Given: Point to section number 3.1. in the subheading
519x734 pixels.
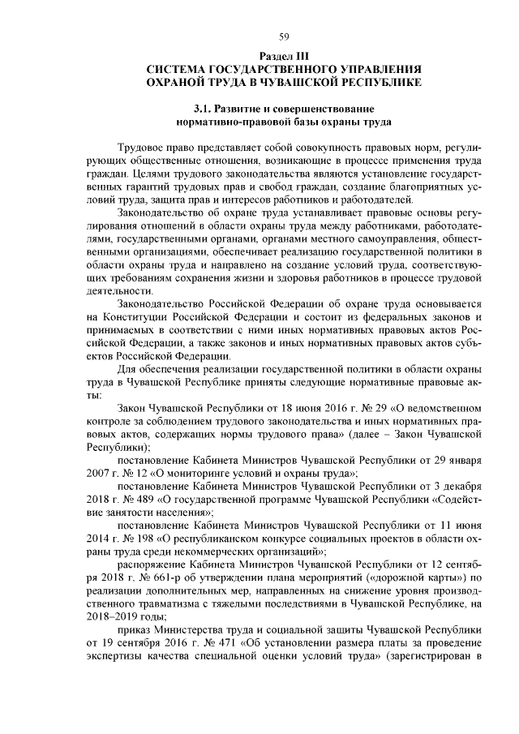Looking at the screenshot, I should pos(205,109).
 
